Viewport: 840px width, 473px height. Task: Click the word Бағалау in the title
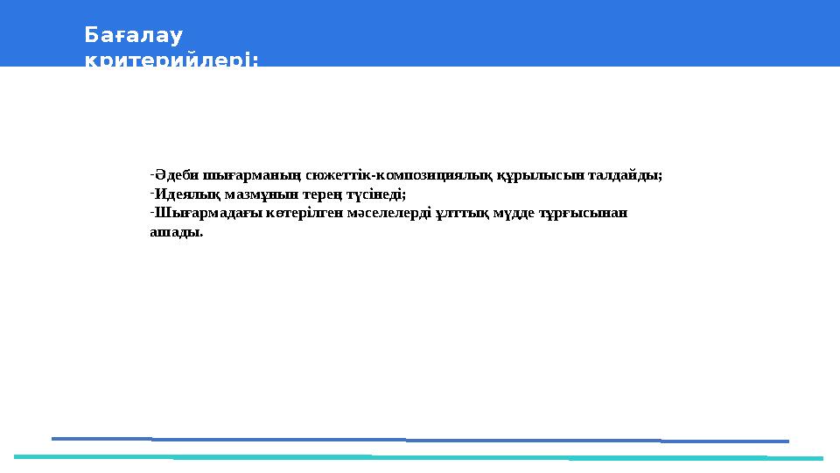point(133,35)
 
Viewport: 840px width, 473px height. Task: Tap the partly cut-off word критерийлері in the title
point(171,60)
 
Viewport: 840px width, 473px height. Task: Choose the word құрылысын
point(533,175)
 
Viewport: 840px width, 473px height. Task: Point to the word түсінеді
point(376,194)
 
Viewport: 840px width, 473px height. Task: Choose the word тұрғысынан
point(587,214)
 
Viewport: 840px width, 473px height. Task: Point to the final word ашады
point(176,233)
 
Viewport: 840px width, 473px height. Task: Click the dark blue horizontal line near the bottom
point(420,440)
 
